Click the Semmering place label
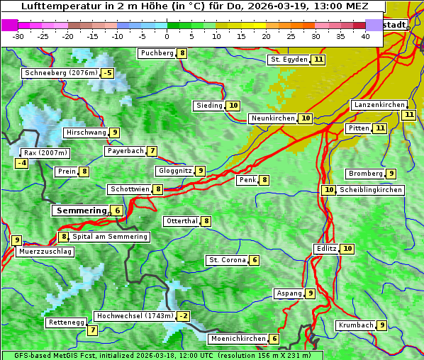pyautogui.click(x=81, y=210)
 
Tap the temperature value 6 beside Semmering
pyautogui.click(x=117, y=210)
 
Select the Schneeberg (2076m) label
pyautogui.click(x=60, y=73)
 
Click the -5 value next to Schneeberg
pyautogui.click(x=107, y=73)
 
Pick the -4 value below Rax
pyautogui.click(x=22, y=163)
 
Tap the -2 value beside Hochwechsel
pyautogui.click(x=183, y=315)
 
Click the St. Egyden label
pyautogui.click(x=289, y=60)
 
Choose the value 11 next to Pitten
pyautogui.click(x=381, y=128)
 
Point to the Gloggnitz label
pyautogui.click(x=174, y=171)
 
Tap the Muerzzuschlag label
pyautogui.click(x=46, y=252)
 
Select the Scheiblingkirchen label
pyautogui.click(x=371, y=190)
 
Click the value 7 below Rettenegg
pyautogui.click(x=92, y=330)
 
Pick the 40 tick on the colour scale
pyautogui.click(x=365, y=35)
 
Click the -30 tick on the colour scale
pyautogui.click(x=18, y=35)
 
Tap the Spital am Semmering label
pyautogui.click(x=110, y=237)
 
